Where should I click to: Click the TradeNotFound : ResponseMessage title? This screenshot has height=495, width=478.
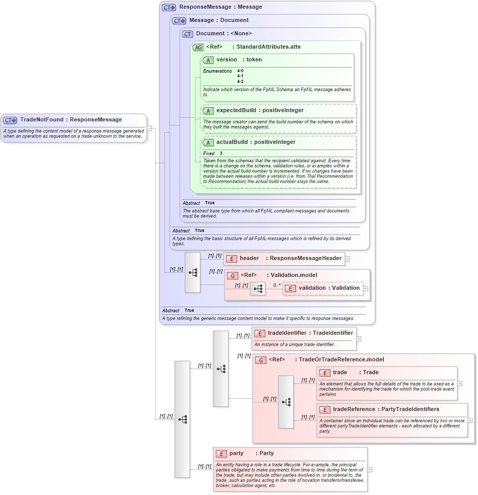[x=71, y=120]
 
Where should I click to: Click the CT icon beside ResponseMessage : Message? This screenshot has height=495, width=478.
[x=169, y=8]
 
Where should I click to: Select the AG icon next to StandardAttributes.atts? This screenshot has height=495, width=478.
[x=198, y=47]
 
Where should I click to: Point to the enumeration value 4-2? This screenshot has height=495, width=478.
[x=240, y=81]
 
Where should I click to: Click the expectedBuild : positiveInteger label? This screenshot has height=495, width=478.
[x=260, y=111]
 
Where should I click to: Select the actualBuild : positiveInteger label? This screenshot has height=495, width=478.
[x=256, y=142]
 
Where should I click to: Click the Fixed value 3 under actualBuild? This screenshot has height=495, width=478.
[x=221, y=154]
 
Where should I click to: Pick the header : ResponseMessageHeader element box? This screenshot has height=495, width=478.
[x=283, y=259]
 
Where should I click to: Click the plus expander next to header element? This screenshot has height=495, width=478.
[x=347, y=259]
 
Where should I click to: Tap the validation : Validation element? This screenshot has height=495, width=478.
[x=323, y=288]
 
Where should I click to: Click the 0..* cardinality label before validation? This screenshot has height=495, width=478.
[x=277, y=285]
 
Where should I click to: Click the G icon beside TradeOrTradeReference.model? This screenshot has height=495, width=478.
[x=261, y=360]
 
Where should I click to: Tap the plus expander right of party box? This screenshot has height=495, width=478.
[x=370, y=469]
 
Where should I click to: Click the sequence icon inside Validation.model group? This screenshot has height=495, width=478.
[x=258, y=289]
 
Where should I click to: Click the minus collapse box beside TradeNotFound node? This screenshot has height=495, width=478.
[x=149, y=128]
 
